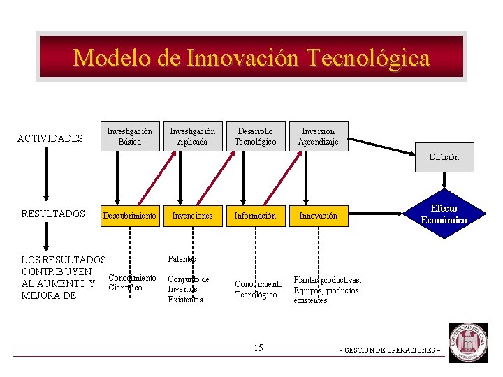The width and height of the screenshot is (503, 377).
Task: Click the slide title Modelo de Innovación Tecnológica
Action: coord(251,57)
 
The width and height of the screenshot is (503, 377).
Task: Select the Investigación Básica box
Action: coord(129,136)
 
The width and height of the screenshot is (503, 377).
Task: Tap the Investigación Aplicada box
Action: coord(193,136)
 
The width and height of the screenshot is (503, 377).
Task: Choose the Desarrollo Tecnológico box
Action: coord(255,136)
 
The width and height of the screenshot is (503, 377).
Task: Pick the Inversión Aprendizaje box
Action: coord(318,136)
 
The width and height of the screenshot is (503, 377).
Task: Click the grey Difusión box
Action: coord(444,157)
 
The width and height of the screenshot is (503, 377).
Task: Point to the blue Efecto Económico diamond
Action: coord(444,214)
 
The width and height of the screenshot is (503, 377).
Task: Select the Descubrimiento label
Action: coord(129,216)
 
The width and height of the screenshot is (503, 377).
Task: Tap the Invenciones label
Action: coord(192,216)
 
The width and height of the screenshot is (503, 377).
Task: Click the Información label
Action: coord(255,216)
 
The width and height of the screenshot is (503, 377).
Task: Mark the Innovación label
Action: coord(318,216)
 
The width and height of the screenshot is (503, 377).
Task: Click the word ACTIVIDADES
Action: coord(50,138)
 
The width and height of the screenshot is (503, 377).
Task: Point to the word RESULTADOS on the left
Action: coord(53,214)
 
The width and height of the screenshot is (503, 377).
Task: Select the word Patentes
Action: coord(182,259)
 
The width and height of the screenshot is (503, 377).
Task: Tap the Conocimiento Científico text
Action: coord(132,283)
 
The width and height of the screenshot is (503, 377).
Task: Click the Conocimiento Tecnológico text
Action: coord(258,289)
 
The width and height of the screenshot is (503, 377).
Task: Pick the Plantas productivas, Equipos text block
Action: coord(327,290)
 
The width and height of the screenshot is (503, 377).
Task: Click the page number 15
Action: coord(258,348)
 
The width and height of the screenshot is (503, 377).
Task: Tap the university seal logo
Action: coord(468,342)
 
